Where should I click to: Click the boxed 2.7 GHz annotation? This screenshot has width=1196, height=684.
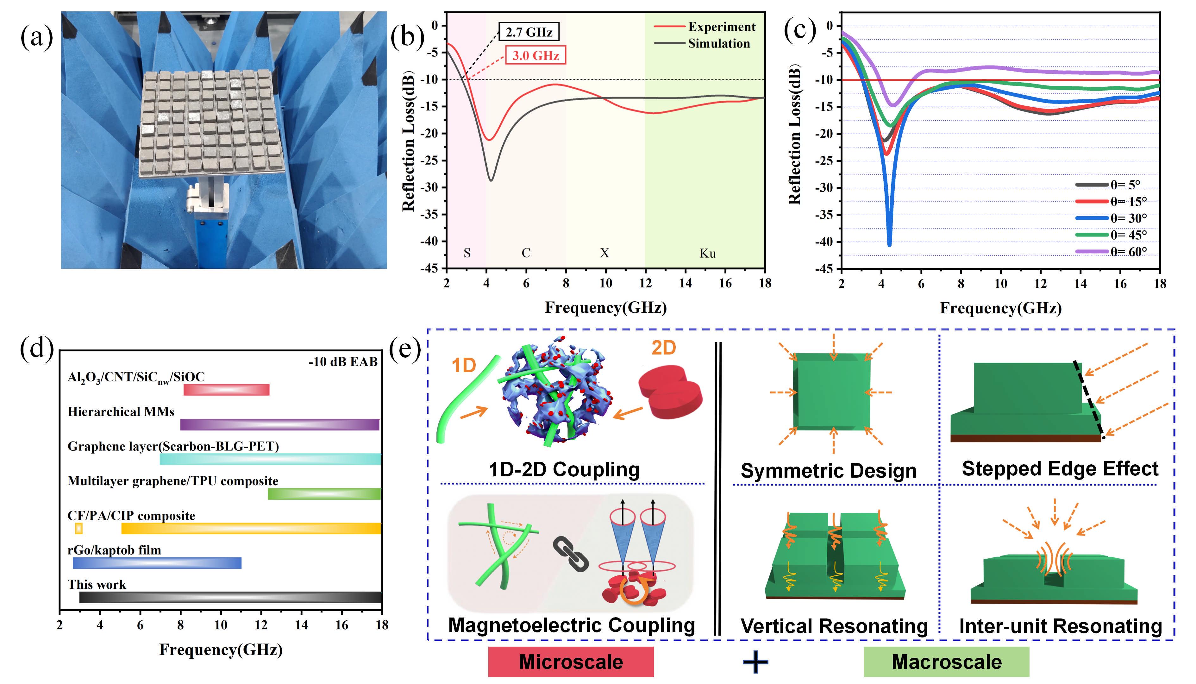coord(529,32)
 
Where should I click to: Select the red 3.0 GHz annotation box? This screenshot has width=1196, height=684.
coord(535,55)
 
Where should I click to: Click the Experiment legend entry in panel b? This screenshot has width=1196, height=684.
coord(721,27)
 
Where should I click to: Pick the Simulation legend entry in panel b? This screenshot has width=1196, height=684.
coord(718,44)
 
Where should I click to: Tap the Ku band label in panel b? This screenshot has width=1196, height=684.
coord(708,254)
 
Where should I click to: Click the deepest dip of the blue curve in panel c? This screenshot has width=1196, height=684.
coord(889,244)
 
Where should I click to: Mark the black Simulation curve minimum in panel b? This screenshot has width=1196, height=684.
coord(491,180)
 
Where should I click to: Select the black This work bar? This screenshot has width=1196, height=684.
coord(230,597)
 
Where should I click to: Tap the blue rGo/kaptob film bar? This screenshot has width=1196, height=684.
coord(157,563)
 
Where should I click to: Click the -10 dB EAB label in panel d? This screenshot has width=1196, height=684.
coord(343,362)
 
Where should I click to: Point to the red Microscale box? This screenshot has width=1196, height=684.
coord(571,662)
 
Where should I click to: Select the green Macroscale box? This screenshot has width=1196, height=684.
coord(946,662)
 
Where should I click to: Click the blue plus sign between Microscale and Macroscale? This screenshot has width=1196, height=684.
coord(755,662)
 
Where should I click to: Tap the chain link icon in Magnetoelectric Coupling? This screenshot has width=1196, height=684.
coord(571,554)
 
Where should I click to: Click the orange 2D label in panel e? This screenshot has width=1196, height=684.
coord(663,348)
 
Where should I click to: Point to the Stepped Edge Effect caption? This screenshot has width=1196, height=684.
coord(1060,469)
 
